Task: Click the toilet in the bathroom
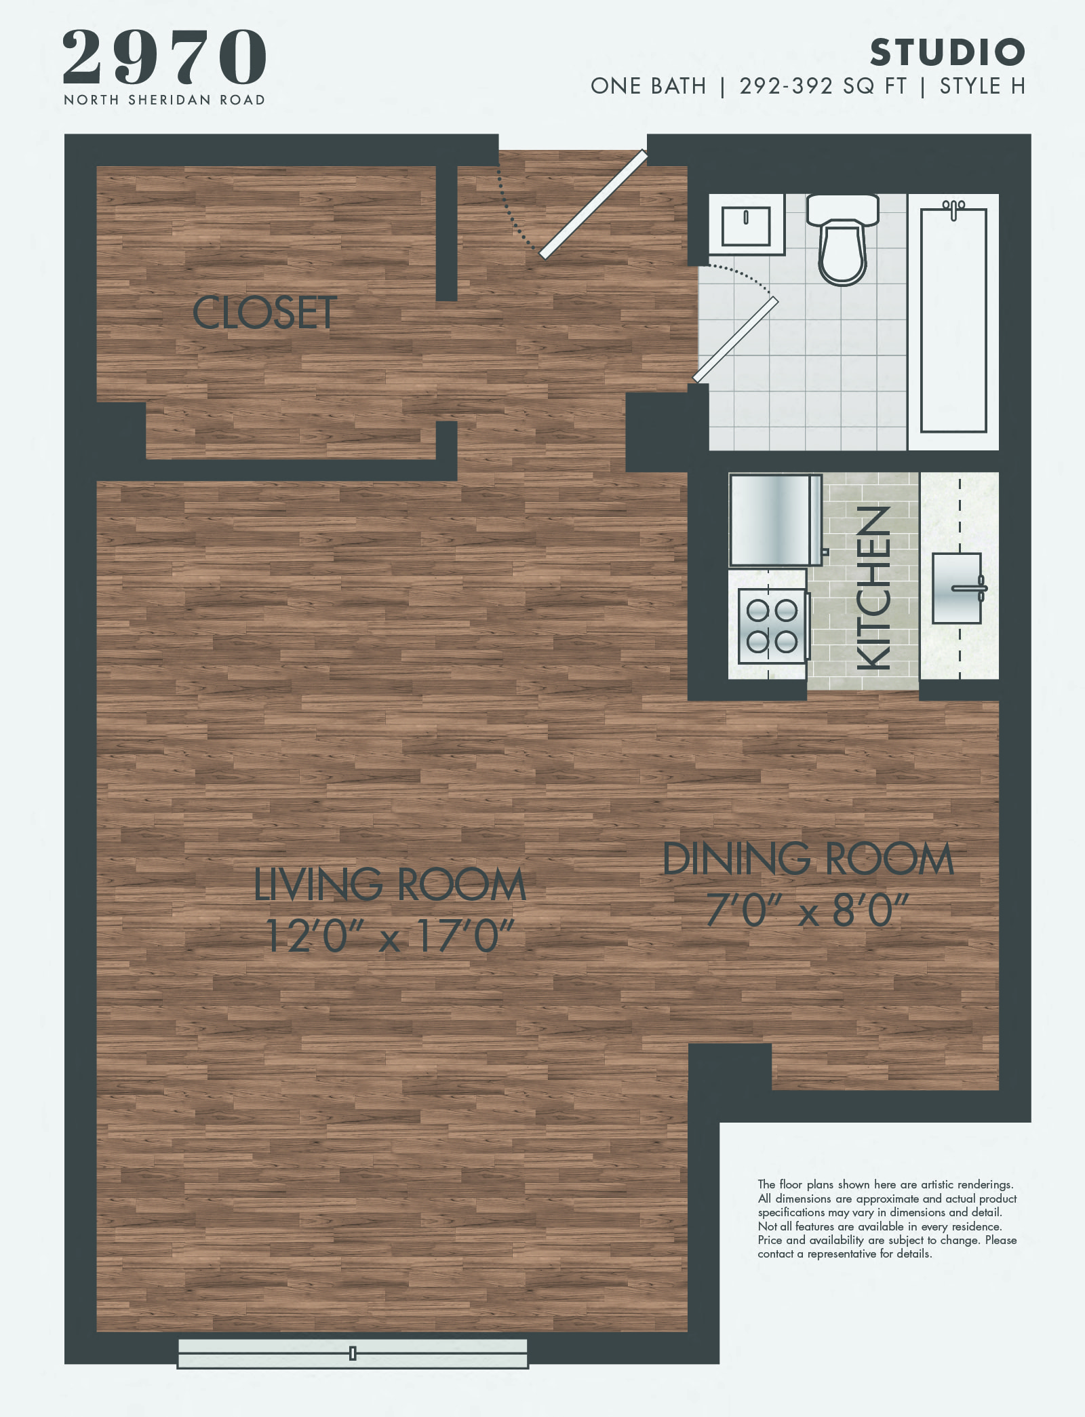click(842, 241)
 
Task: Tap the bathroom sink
click(746, 225)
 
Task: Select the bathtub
click(953, 320)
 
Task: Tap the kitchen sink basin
click(957, 588)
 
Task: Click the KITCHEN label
click(874, 588)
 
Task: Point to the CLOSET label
click(264, 313)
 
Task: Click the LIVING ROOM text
click(390, 885)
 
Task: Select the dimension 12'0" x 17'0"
click(390, 936)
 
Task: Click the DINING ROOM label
click(808, 859)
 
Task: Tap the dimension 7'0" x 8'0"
click(808, 910)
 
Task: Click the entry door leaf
click(594, 204)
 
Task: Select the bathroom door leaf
click(735, 340)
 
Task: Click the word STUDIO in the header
click(947, 52)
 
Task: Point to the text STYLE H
click(982, 86)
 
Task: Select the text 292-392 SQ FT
click(823, 86)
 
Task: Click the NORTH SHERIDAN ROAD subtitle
click(165, 100)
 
